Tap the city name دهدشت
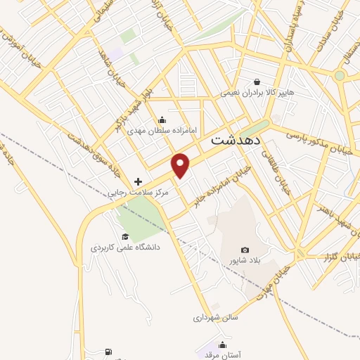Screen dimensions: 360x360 point(236,140)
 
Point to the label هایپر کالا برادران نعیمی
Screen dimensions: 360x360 point(256,92)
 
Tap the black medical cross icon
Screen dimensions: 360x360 point(138,181)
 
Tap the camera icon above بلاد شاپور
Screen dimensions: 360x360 point(245,250)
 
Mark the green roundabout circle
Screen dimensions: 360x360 point(340,75)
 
